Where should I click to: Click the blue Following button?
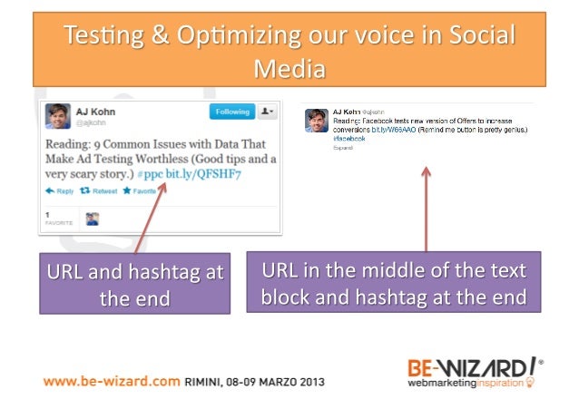pyautogui.click(x=231, y=112)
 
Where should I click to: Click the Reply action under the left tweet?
pyautogui.click(x=60, y=191)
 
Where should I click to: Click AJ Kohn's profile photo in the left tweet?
pyautogui.click(x=59, y=116)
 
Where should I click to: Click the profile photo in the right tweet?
pyautogui.click(x=317, y=121)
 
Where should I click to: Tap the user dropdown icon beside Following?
pyautogui.click(x=267, y=112)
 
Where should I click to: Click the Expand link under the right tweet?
pyautogui.click(x=343, y=148)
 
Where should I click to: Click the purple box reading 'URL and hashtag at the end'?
pyautogui.click(x=133, y=284)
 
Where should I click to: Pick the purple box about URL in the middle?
pyautogui.click(x=393, y=283)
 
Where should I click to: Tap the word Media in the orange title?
pyautogui.click(x=289, y=67)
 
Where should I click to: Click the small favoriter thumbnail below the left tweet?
pyautogui.click(x=92, y=219)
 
